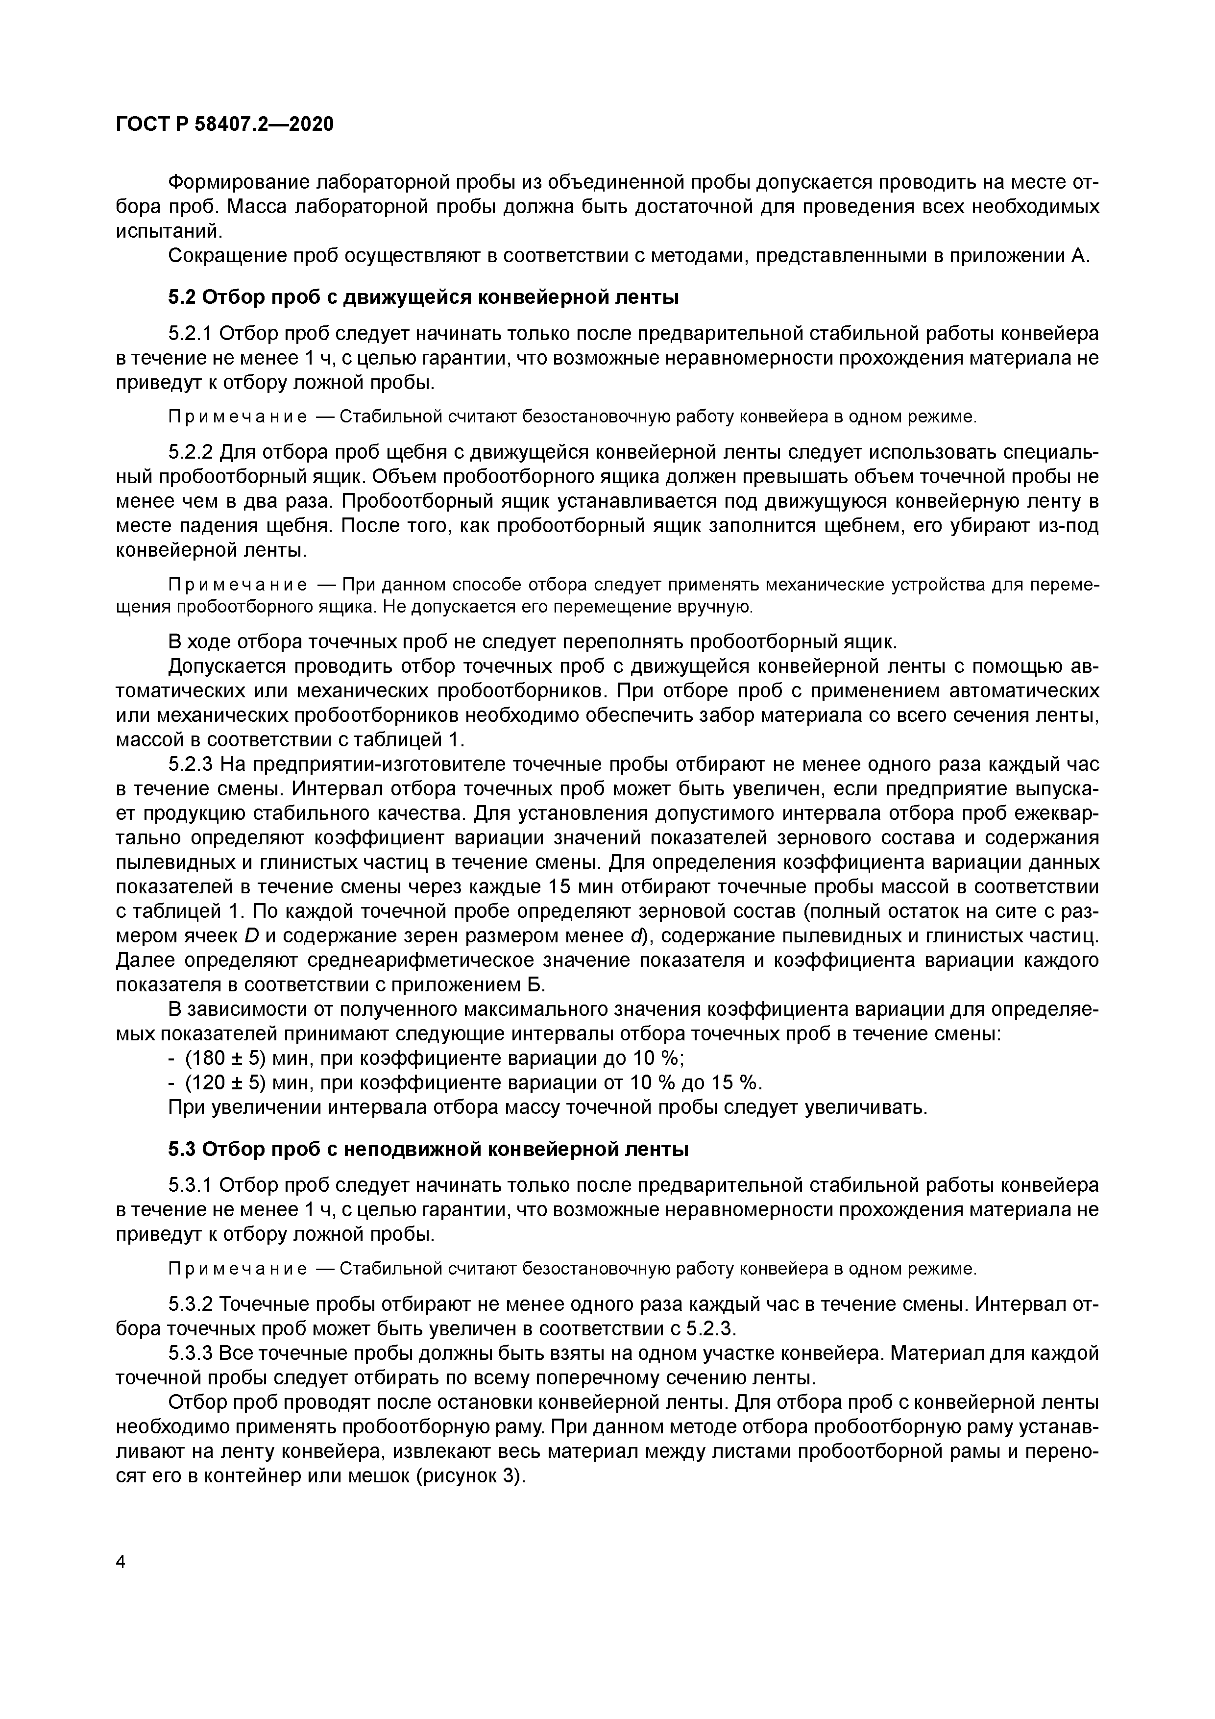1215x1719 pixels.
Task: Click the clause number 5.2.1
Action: (191, 334)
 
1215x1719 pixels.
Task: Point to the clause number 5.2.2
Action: (191, 452)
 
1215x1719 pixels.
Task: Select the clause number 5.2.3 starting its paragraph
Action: (191, 764)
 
